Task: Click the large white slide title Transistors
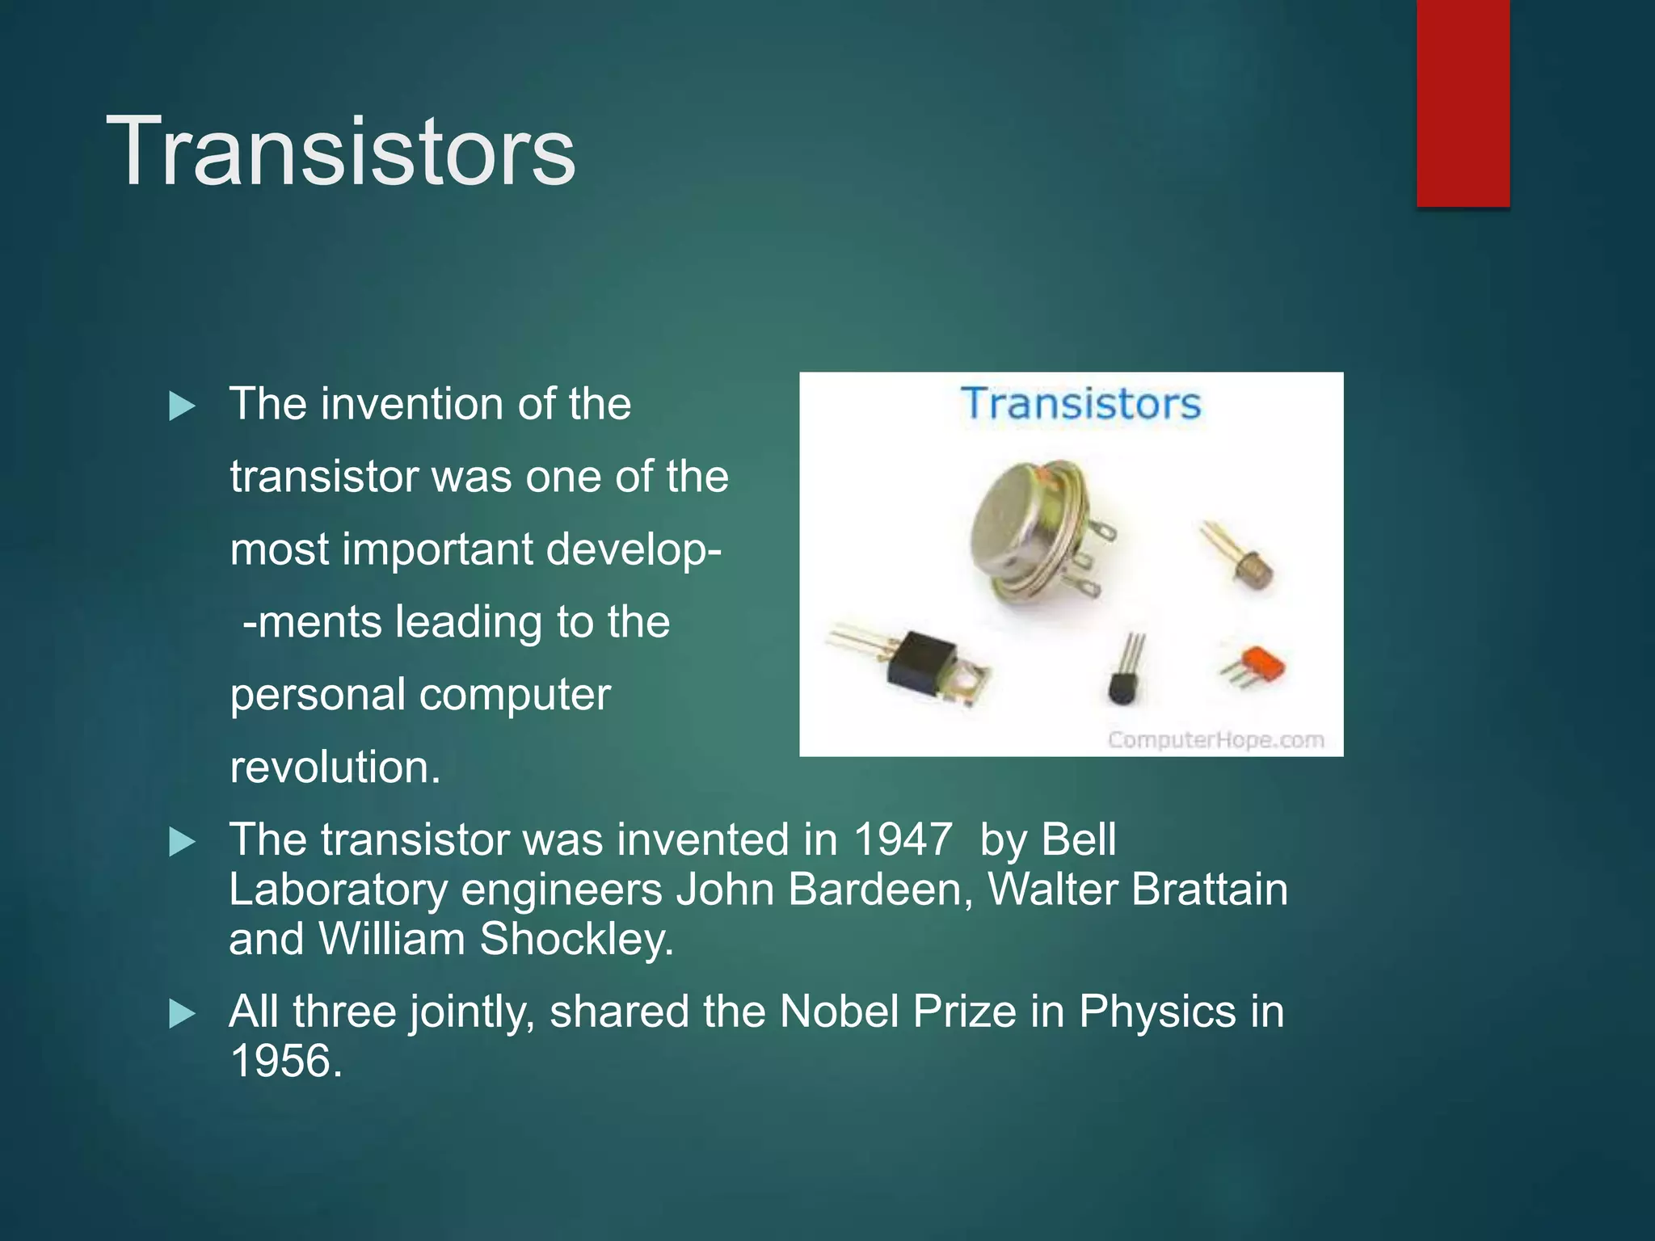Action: [340, 151]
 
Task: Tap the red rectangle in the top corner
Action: [1463, 103]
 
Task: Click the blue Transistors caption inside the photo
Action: [1080, 403]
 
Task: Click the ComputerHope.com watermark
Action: [1215, 739]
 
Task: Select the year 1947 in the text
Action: [903, 839]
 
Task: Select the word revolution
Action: [335, 767]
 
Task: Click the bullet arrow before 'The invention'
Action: [182, 406]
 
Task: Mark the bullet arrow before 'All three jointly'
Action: [182, 1014]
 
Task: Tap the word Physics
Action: [1157, 1012]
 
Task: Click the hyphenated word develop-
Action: [634, 549]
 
